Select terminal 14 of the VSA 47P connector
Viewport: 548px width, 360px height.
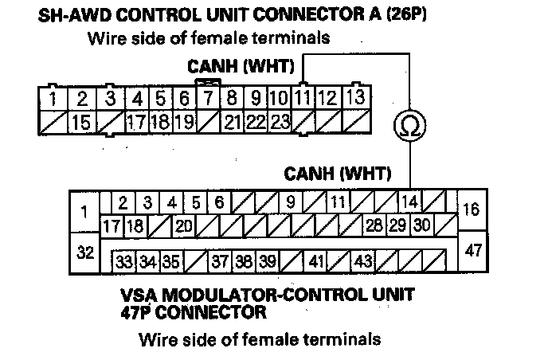pos(409,202)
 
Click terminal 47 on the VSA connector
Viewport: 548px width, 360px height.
pos(474,251)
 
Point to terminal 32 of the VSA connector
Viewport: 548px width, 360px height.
pos(84,252)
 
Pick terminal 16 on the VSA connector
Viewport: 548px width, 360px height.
pos(471,209)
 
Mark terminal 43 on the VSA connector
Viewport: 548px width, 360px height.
pos(363,260)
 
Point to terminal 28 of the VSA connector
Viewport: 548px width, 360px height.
pos(374,225)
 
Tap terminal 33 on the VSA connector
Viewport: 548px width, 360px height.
pos(124,260)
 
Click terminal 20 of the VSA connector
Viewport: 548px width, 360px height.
pos(185,225)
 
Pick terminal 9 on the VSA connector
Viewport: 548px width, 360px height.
pos(290,202)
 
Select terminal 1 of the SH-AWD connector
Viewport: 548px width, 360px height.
pos(52,100)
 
